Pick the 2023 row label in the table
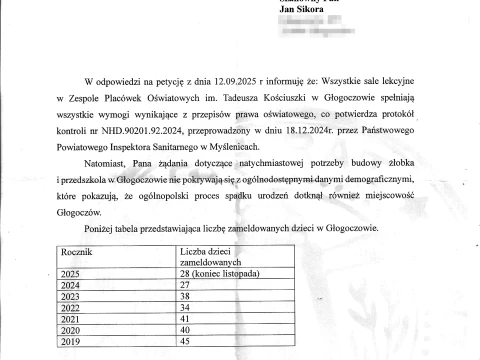[x=73, y=297]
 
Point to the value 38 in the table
[x=184, y=297]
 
